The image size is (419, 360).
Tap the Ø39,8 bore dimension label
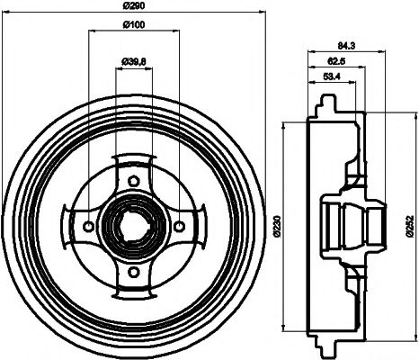coord(134,61)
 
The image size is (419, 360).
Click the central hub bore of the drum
coord(134,224)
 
